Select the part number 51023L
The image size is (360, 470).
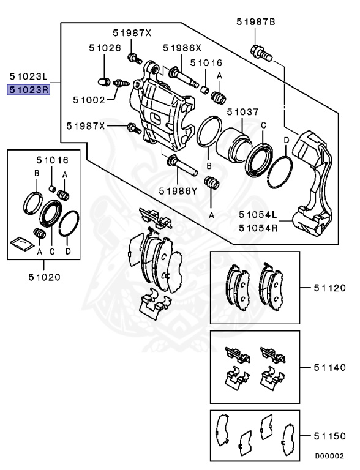point(28,76)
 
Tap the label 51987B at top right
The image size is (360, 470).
point(256,22)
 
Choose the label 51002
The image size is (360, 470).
point(91,99)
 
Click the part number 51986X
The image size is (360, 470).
point(182,48)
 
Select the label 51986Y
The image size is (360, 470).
point(178,190)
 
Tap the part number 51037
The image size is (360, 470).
point(242,113)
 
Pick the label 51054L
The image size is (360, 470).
point(258,215)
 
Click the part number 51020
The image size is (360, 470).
point(44,277)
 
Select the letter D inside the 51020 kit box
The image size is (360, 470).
point(68,251)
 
